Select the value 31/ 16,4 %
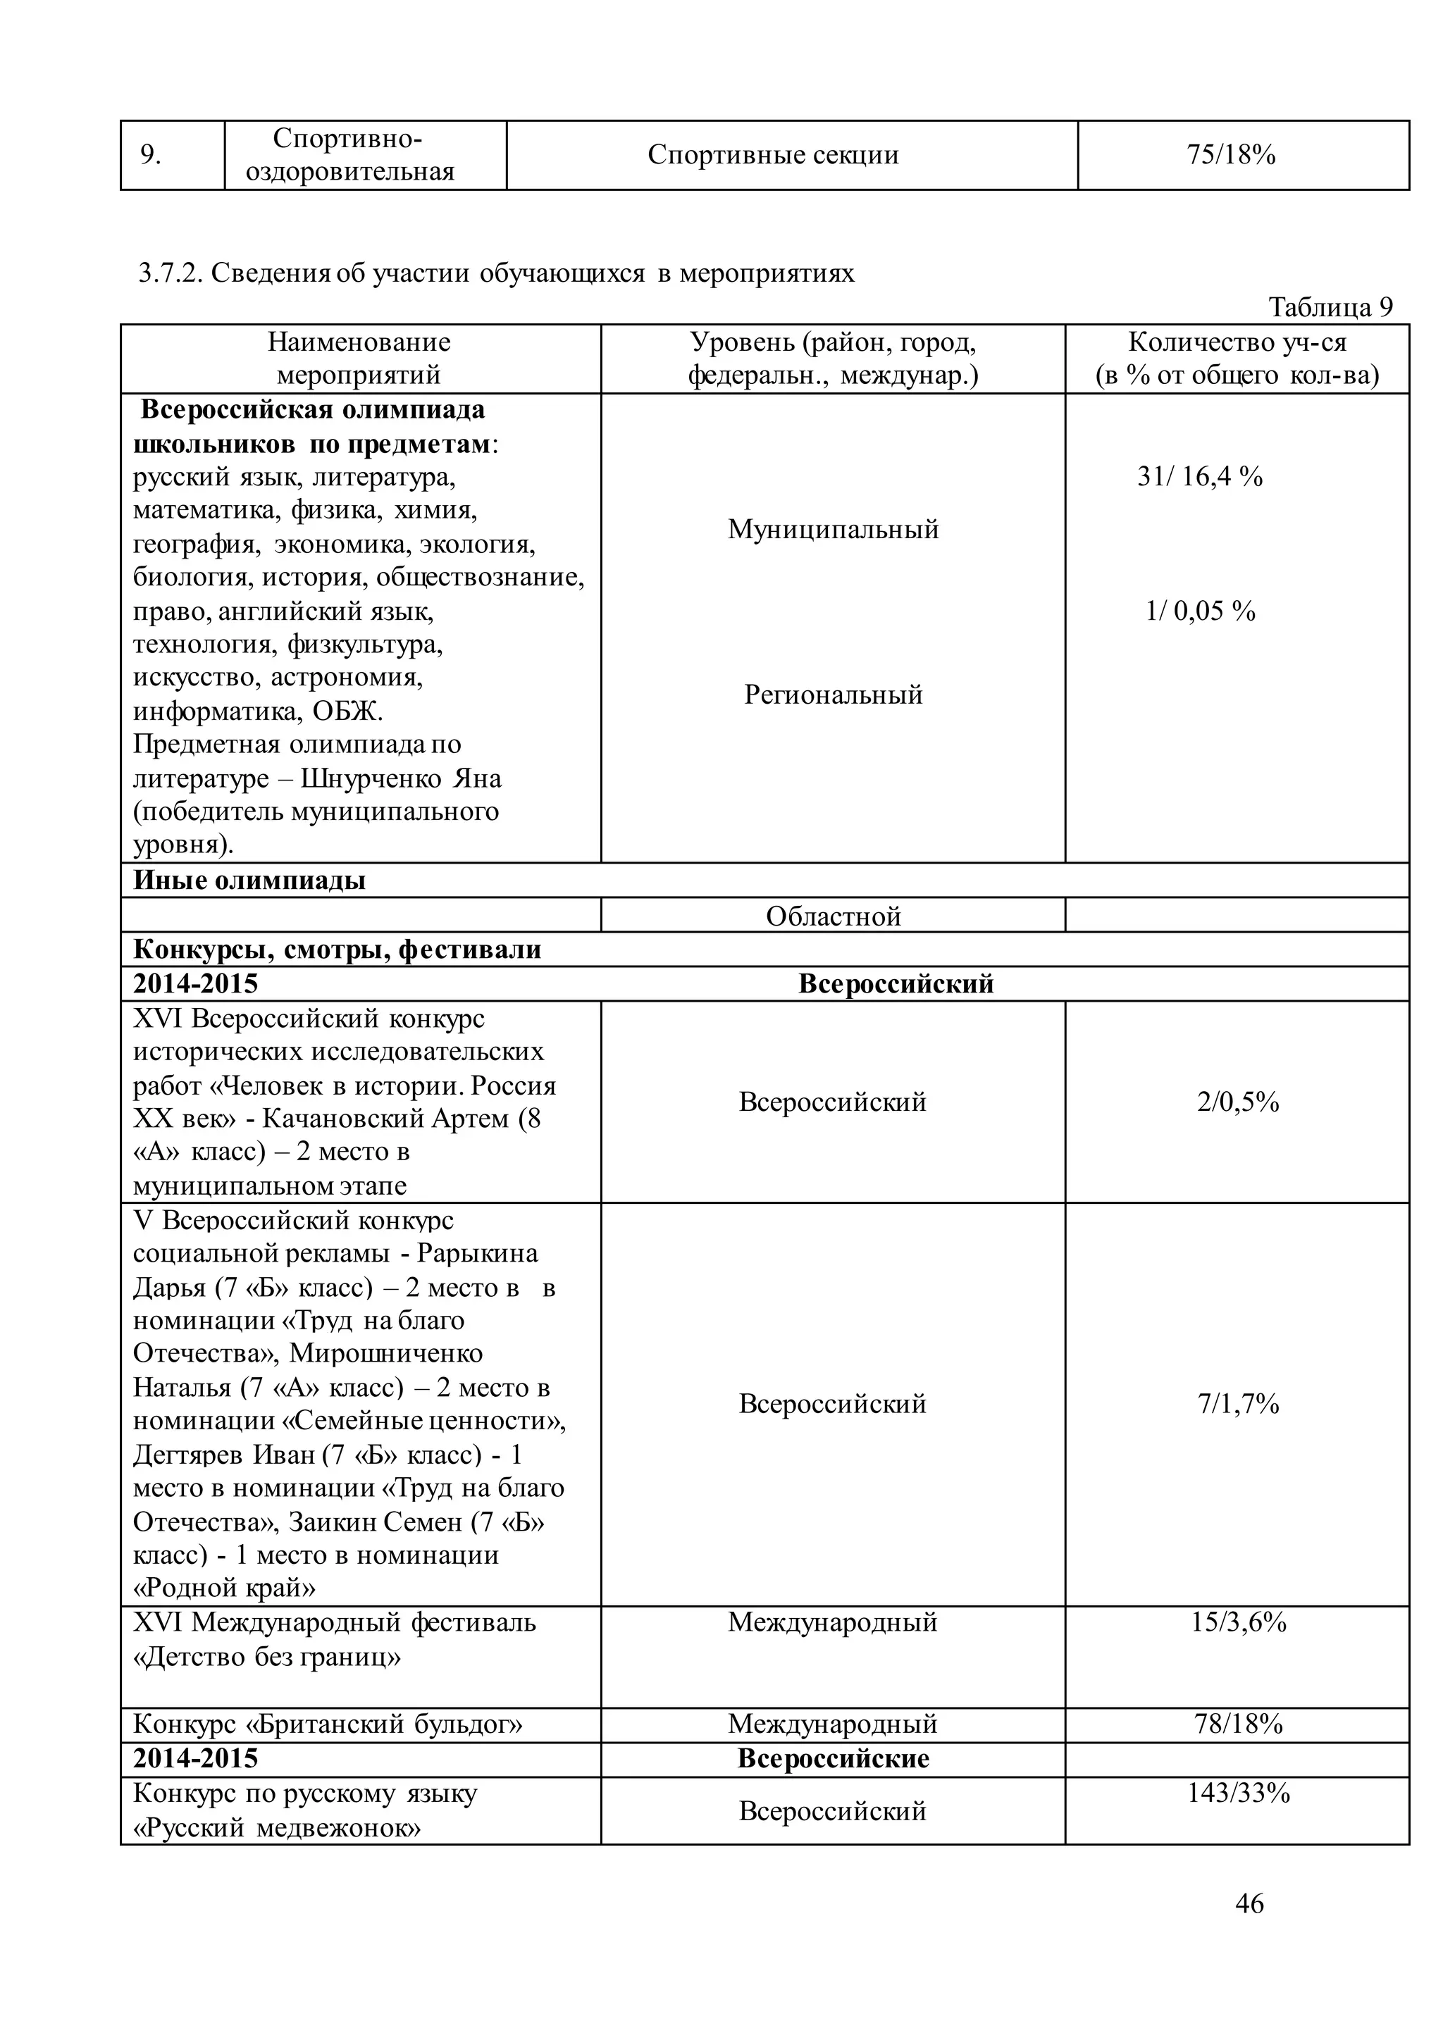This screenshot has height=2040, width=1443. pyautogui.click(x=1199, y=477)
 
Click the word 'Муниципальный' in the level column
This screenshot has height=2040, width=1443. pyautogui.click(x=833, y=530)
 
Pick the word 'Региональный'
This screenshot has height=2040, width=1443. pyautogui.click(x=833, y=695)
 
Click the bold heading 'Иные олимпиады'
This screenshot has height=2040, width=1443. pyautogui.click(x=249, y=881)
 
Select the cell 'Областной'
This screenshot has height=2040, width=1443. pyautogui.click(x=833, y=916)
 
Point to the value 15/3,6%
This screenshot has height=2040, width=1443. pyautogui.click(x=1238, y=1622)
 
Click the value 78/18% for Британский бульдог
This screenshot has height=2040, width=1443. pyautogui.click(x=1238, y=1724)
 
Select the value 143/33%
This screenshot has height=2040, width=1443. pyautogui.click(x=1238, y=1794)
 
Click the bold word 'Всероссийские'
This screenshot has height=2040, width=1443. pyautogui.click(x=833, y=1759)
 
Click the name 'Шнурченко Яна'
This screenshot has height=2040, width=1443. pyautogui.click(x=401, y=779)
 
